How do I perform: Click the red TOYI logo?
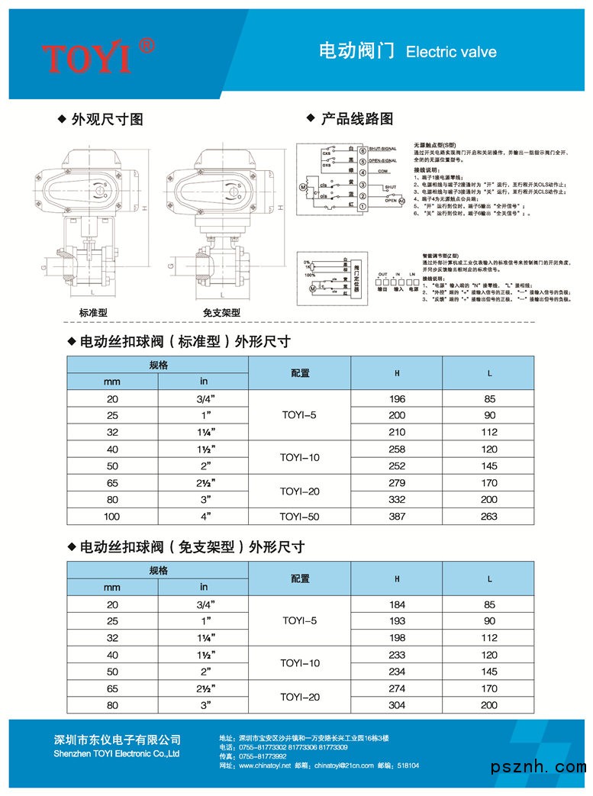coord(98,55)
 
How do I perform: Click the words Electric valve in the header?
coord(451,53)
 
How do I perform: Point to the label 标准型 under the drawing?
coord(93,313)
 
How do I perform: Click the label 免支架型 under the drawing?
coord(221,313)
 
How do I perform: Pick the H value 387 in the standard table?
coord(397,517)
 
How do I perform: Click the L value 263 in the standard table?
coord(489,517)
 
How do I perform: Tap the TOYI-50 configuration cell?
coord(300,517)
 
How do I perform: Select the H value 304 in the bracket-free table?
coord(397,705)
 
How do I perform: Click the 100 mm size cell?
coord(112,517)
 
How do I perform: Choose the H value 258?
coord(397,450)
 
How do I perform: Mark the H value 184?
coord(397,604)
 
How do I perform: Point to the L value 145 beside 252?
coord(489,466)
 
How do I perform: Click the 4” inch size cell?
coord(204,517)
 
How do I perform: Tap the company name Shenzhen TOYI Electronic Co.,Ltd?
coord(117,753)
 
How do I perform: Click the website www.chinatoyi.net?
coord(261,765)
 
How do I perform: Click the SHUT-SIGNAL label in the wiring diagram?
coord(385,150)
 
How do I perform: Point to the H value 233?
coord(397,655)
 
